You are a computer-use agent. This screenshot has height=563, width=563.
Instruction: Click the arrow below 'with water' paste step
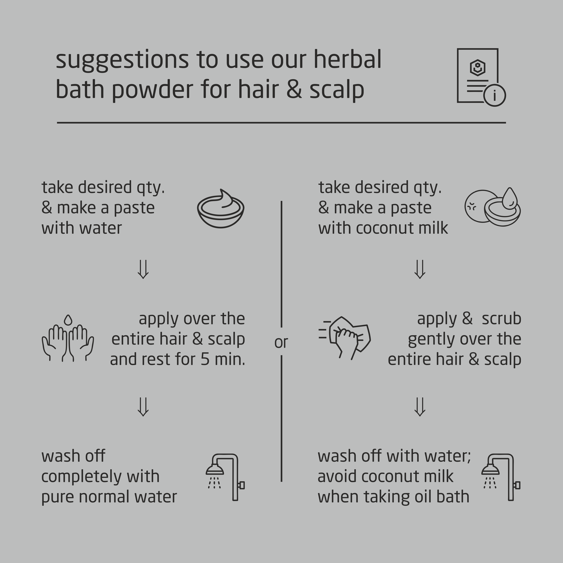(x=143, y=269)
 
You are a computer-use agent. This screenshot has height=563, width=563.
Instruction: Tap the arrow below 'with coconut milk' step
(x=420, y=269)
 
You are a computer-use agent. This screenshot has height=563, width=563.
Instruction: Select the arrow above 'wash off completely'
(x=143, y=407)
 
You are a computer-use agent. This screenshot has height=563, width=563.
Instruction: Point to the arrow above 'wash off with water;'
(x=420, y=407)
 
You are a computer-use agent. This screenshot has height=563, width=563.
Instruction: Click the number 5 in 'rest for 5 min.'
(x=205, y=359)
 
